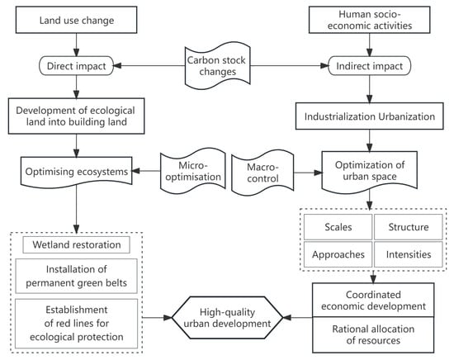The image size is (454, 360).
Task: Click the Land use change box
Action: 76,20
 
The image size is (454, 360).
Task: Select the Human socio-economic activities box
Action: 370,20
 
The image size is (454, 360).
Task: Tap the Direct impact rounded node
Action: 76,66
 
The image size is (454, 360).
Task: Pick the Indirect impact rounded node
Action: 370,66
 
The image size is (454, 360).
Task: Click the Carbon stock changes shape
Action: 217,66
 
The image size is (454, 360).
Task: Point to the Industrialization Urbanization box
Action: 370,116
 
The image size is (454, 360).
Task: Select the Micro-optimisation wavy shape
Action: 193,171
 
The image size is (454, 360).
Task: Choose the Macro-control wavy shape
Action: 262,173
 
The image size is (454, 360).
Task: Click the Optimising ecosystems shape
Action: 77,172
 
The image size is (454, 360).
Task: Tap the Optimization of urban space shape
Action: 370,171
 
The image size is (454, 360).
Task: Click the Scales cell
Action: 338,227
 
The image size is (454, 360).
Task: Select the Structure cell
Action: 409,227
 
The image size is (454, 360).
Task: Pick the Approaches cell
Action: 338,254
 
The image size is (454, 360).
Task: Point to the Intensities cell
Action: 409,254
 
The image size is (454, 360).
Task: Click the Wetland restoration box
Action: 77,244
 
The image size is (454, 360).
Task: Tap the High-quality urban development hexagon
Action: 227,317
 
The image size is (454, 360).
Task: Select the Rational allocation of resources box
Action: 373,334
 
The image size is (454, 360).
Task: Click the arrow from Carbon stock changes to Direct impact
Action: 149,66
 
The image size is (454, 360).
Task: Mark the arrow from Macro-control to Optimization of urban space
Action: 308,173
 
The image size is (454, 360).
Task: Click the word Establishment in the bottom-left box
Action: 77,310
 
